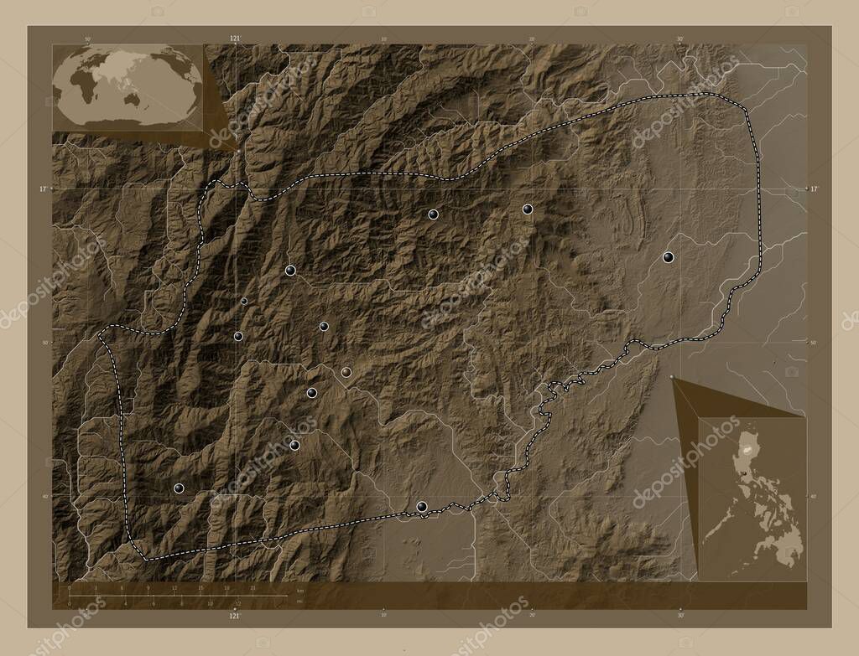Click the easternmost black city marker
pyautogui.click(x=668, y=257)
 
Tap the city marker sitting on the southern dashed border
pyautogui.click(x=421, y=505)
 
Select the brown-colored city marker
pyautogui.click(x=346, y=371)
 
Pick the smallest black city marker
pyautogui.click(x=244, y=301)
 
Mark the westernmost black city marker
pyautogui.click(x=178, y=488)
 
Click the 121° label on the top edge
pyautogui.click(x=235, y=39)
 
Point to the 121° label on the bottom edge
pyautogui.click(x=235, y=616)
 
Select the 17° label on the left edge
pyautogui.click(x=43, y=189)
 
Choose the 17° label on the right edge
pyautogui.click(x=814, y=189)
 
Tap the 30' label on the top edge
pyautogui.click(x=680, y=39)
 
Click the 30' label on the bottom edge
pyautogui.click(x=680, y=616)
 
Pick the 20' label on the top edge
pyautogui.click(x=532, y=39)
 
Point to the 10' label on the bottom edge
pyautogui.click(x=383, y=616)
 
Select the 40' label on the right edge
pyautogui.click(x=813, y=496)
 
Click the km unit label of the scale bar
pyautogui.click(x=299, y=591)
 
